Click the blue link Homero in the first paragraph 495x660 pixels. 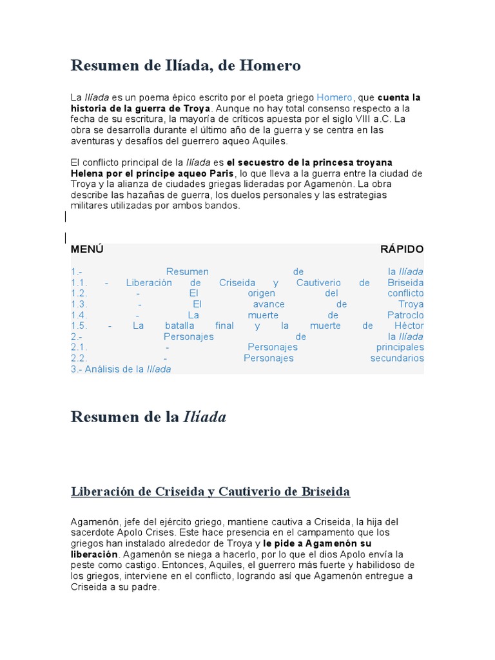tap(335, 97)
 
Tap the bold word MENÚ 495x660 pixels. tap(87, 249)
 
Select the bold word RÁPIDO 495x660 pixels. tap(402, 249)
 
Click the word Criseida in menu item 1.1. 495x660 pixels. tap(237, 282)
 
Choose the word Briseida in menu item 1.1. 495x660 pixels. tap(405, 282)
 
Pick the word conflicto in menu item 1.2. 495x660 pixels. tap(405, 293)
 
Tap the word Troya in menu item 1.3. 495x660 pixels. tap(411, 304)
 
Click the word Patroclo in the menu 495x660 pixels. tap(405, 315)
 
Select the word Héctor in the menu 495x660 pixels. tap(409, 325)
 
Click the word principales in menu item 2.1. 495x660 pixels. tap(400, 347)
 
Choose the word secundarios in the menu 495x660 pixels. tap(397, 358)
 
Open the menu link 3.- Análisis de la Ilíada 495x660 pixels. tap(121, 369)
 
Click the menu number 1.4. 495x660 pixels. tap(79, 315)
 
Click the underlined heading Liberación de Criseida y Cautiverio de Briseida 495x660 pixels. tap(210, 492)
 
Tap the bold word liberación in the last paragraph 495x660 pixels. tap(95, 554)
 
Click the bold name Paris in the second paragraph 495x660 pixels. tap(220, 174)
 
